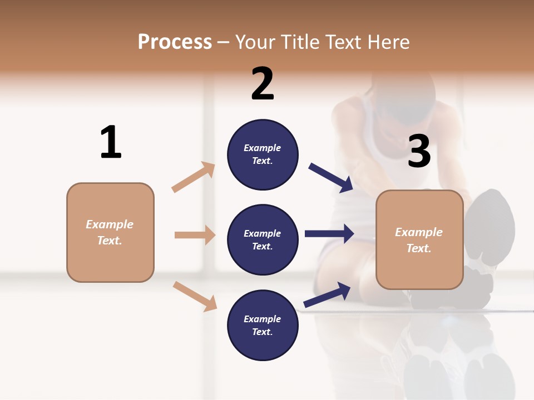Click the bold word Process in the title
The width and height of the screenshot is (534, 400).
click(175, 42)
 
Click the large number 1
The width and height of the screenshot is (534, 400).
click(111, 142)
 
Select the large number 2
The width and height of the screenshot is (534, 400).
click(263, 84)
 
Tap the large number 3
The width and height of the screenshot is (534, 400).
click(419, 152)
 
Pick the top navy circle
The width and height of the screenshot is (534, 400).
click(263, 154)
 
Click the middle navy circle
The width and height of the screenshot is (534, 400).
click(263, 240)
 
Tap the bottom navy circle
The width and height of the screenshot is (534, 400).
click(263, 326)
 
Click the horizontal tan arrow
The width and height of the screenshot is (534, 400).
click(195, 235)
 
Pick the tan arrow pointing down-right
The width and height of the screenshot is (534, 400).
click(195, 296)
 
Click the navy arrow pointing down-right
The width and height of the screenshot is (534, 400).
click(332, 178)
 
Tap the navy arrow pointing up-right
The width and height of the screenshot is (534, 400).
click(328, 295)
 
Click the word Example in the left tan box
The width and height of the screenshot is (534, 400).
click(110, 224)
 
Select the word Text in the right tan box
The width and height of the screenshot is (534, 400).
click(418, 248)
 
